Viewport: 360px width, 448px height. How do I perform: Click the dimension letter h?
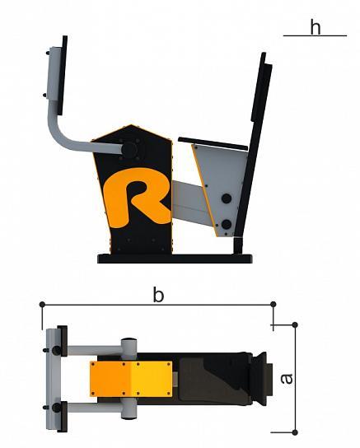click(x=316, y=28)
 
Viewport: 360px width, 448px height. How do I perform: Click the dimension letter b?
click(x=158, y=295)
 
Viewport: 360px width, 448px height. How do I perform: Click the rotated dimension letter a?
click(x=287, y=379)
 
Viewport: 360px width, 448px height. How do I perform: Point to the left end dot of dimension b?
click(x=42, y=304)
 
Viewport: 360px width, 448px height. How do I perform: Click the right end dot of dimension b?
click(x=274, y=304)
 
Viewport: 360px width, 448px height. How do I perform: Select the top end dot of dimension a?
click(x=295, y=324)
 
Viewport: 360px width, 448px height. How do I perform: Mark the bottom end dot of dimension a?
click(x=295, y=432)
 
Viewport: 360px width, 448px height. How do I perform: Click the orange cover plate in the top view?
click(x=131, y=379)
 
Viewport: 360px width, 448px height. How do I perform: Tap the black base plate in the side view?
click(x=175, y=259)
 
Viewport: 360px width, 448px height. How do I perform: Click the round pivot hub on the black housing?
click(x=129, y=150)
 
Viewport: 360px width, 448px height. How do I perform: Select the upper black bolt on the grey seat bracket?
click(x=227, y=198)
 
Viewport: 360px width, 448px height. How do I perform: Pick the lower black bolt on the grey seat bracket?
click(x=227, y=224)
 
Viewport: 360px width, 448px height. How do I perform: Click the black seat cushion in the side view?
click(x=213, y=143)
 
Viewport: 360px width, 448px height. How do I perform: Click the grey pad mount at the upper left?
click(x=54, y=74)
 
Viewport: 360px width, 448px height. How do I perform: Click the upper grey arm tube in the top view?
click(x=94, y=350)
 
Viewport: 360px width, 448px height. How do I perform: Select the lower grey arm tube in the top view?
click(x=94, y=407)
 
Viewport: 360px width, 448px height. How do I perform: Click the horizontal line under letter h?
click(x=315, y=35)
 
